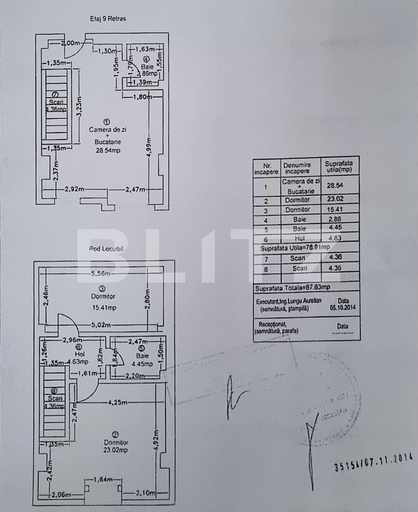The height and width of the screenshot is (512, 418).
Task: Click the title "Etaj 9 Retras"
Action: [x=108, y=18]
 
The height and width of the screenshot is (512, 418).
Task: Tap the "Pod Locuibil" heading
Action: [x=106, y=249]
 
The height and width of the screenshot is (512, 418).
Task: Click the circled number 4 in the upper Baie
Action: [x=147, y=59]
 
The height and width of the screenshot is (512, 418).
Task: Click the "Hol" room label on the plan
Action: [x=80, y=354]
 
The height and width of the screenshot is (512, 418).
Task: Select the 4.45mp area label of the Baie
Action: [x=142, y=364]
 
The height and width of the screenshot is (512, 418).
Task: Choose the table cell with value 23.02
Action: [x=335, y=199]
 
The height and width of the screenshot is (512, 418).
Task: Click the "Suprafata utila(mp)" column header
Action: [x=338, y=166]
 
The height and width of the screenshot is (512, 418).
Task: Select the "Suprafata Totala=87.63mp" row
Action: [x=292, y=287]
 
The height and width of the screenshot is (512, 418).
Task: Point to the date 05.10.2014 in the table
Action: [x=342, y=308]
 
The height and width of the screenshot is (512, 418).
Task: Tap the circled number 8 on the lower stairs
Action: [x=54, y=391]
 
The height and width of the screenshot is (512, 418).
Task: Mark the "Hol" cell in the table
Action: [x=299, y=238]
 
